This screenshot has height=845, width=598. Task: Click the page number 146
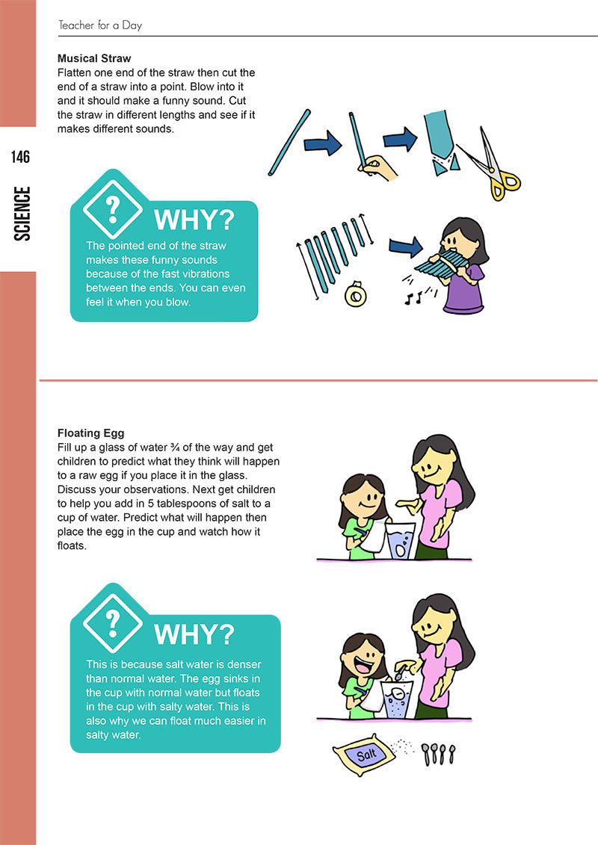[x=20, y=157]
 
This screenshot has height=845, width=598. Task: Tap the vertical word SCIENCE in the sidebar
[x=22, y=214]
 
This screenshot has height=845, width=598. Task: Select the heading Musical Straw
[x=94, y=58]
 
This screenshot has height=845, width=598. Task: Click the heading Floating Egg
[x=91, y=433]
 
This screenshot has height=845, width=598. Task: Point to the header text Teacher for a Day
[x=100, y=25]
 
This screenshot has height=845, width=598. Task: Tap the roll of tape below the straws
[x=356, y=294]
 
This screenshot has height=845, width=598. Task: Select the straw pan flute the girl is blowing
[x=441, y=262]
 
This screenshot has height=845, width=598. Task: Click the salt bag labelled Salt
[x=364, y=754]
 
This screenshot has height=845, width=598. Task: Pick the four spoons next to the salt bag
[x=438, y=754]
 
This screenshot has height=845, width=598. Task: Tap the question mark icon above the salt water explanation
[x=113, y=624]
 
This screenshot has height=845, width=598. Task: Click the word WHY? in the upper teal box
[x=194, y=220]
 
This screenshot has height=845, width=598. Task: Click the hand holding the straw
[x=378, y=167]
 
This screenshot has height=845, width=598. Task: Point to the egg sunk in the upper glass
[x=400, y=550]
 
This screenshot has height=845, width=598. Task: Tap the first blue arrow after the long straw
[x=323, y=144]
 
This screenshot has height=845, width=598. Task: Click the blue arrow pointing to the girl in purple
[x=406, y=247]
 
